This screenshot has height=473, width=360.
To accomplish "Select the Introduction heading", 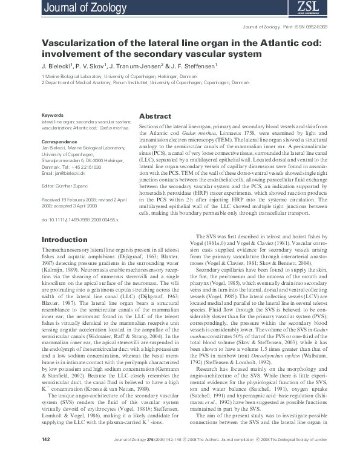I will click(64, 240).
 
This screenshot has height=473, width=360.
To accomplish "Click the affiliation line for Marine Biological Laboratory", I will click(118, 77).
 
